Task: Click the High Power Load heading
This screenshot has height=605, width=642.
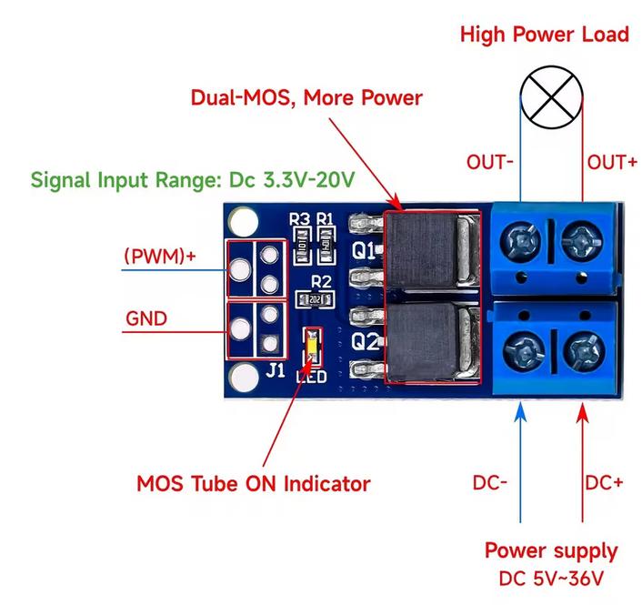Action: coord(544,35)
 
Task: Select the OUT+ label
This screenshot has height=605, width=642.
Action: coord(611,163)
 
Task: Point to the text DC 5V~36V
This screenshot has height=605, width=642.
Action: coord(550,579)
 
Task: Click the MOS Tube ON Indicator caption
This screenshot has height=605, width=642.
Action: coord(253,482)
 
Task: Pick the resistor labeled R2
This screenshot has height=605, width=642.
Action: coord(319,298)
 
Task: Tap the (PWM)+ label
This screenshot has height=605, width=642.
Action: coord(160,256)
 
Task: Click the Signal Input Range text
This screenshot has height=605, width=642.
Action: coord(191,179)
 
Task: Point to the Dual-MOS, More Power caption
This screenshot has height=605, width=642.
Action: coord(306,96)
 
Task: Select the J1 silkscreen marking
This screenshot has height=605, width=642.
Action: coord(276,370)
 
